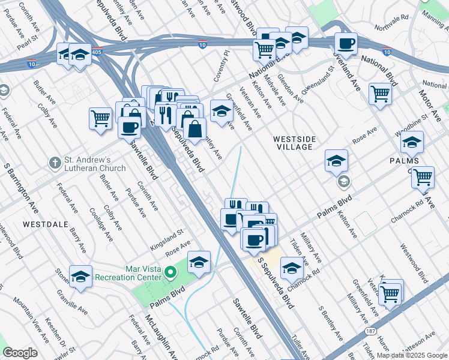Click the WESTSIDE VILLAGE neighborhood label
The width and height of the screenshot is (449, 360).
[x=293, y=143]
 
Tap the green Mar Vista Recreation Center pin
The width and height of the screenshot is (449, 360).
[x=172, y=273]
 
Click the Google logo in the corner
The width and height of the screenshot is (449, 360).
[x=20, y=353]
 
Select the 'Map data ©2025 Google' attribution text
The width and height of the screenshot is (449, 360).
[x=412, y=355]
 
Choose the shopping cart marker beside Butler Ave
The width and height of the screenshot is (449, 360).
[x=100, y=118]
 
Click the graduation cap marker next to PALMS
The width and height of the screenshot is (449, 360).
[x=412, y=143]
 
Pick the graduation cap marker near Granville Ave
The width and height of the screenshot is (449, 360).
[x=80, y=277]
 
